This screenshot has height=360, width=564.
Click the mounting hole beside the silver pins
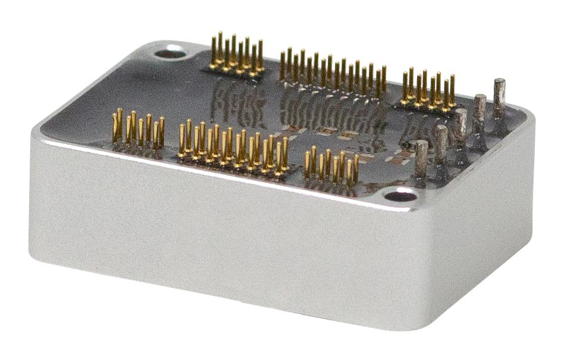pyautogui.click(x=400, y=195)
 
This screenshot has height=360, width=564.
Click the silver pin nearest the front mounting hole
pyautogui.click(x=421, y=159)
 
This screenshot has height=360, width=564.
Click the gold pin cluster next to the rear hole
pyautogui.click(x=237, y=55)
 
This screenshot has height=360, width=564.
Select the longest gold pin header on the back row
pyautogui.click(x=333, y=74)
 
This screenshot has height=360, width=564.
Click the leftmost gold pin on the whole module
pyautogui.click(x=116, y=126)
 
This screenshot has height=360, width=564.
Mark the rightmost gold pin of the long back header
pyautogui.click(x=384, y=80)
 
